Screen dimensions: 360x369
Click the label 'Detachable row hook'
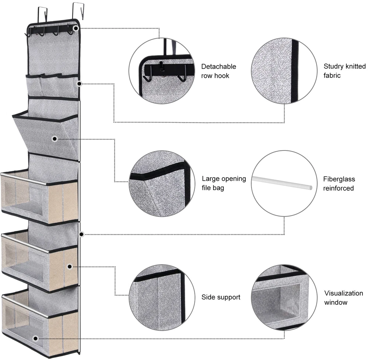[x=218, y=71]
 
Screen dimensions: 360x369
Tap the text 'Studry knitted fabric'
[x=345, y=71]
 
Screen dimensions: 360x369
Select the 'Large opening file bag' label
[x=224, y=183]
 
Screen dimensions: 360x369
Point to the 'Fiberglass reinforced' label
[x=339, y=184]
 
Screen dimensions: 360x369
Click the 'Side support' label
[x=221, y=297]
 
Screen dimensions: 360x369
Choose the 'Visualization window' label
[x=338, y=298]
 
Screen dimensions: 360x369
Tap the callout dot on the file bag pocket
[x=55, y=139]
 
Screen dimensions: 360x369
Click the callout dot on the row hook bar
[x=76, y=28]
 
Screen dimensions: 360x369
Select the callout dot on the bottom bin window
[x=35, y=338]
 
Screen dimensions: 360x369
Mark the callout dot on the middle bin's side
[x=70, y=266]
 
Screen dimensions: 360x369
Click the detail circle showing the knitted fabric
[x=284, y=71]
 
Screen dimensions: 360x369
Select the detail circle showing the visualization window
[x=284, y=297]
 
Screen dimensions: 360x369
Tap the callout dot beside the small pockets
[x=79, y=84]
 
